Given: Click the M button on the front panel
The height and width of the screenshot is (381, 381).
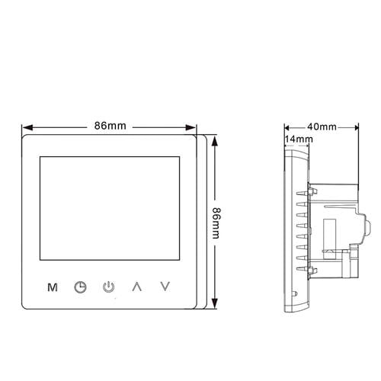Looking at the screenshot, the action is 53,287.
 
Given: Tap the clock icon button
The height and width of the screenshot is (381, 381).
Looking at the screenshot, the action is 80,287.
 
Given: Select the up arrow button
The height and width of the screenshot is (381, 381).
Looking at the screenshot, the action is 137,287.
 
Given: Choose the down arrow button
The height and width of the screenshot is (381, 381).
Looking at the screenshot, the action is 165,287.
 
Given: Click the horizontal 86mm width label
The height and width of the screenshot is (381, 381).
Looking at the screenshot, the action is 110,126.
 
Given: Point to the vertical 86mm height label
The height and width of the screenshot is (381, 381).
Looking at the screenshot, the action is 216,223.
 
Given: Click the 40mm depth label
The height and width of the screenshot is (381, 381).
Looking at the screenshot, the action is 322,126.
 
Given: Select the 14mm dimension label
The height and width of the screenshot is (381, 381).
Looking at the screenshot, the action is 299,139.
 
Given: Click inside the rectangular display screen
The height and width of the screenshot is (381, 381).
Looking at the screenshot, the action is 110,208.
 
